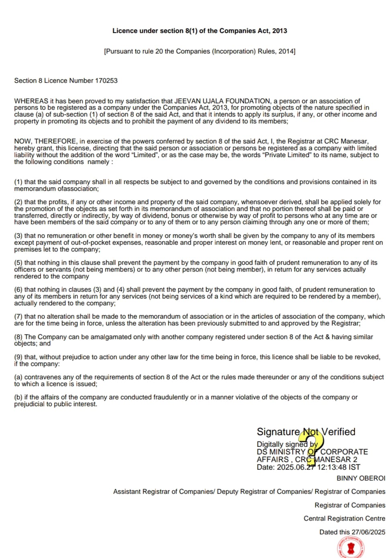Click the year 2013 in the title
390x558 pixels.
pyautogui.click(x=279, y=31)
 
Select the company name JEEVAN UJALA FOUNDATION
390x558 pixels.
pyautogui.click(x=223, y=101)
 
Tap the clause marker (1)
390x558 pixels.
pyautogui.click(x=18, y=182)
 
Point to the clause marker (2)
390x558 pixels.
pyautogui.click(x=18, y=202)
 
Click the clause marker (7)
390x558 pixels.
pyautogui.click(x=18, y=317)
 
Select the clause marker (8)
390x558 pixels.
pyautogui.click(x=18, y=337)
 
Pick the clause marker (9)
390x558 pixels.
pyautogui.click(x=18, y=357)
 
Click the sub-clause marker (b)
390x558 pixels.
pyautogui.click(x=18, y=397)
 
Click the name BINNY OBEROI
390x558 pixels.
pyautogui.click(x=361, y=478)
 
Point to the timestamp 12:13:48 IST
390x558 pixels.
pyautogui.click(x=339, y=467)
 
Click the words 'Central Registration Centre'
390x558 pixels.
pyautogui.click(x=344, y=519)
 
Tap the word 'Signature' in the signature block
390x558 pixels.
pyautogui.click(x=278, y=432)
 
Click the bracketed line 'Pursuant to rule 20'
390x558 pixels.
pyautogui.click(x=200, y=51)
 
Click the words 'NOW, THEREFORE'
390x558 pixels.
pyautogui.click(x=45, y=141)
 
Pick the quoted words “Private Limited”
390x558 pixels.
pyautogui.click(x=286, y=155)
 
